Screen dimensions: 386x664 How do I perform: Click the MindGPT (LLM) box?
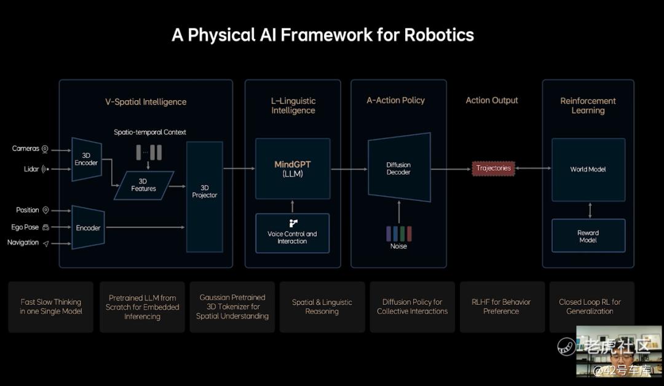[293, 168]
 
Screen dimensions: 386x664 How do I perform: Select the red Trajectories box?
[493, 168]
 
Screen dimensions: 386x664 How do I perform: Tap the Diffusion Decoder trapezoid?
[398, 168]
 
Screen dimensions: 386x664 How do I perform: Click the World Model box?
[588, 169]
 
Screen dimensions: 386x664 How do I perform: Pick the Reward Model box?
[588, 236]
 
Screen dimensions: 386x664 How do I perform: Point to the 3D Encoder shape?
[87, 159]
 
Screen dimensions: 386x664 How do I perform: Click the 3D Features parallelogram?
[143, 185]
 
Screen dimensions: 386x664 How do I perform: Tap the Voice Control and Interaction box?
[292, 233]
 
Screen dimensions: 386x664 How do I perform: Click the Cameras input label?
[26, 149]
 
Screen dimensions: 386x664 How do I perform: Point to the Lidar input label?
[31, 169]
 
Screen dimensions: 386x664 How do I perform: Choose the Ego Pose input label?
[25, 227]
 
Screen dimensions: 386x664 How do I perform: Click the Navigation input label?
[23, 243]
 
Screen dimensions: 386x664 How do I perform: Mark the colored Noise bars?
[398, 234]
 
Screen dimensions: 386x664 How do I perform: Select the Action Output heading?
[492, 100]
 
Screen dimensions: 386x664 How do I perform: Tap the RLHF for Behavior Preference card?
[502, 307]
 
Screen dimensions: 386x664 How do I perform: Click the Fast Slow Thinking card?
[50, 307]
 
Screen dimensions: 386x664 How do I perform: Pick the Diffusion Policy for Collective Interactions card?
[412, 307]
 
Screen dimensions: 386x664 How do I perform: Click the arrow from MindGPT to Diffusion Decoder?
[349, 168]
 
